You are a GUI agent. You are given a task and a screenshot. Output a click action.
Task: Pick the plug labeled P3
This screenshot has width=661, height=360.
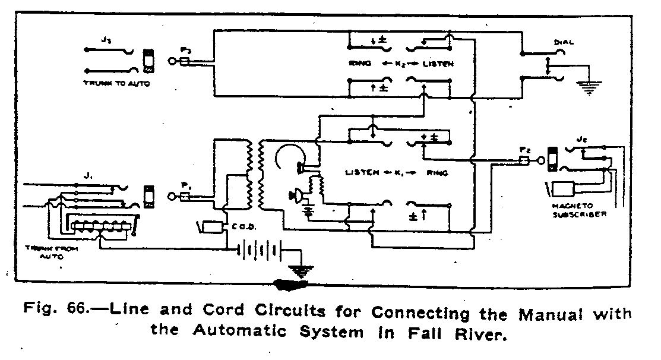click(185, 61)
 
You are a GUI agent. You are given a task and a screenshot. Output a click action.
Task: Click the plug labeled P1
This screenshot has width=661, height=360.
click(185, 195)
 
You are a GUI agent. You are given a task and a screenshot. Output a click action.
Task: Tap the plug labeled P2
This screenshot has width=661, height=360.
click(524, 160)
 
